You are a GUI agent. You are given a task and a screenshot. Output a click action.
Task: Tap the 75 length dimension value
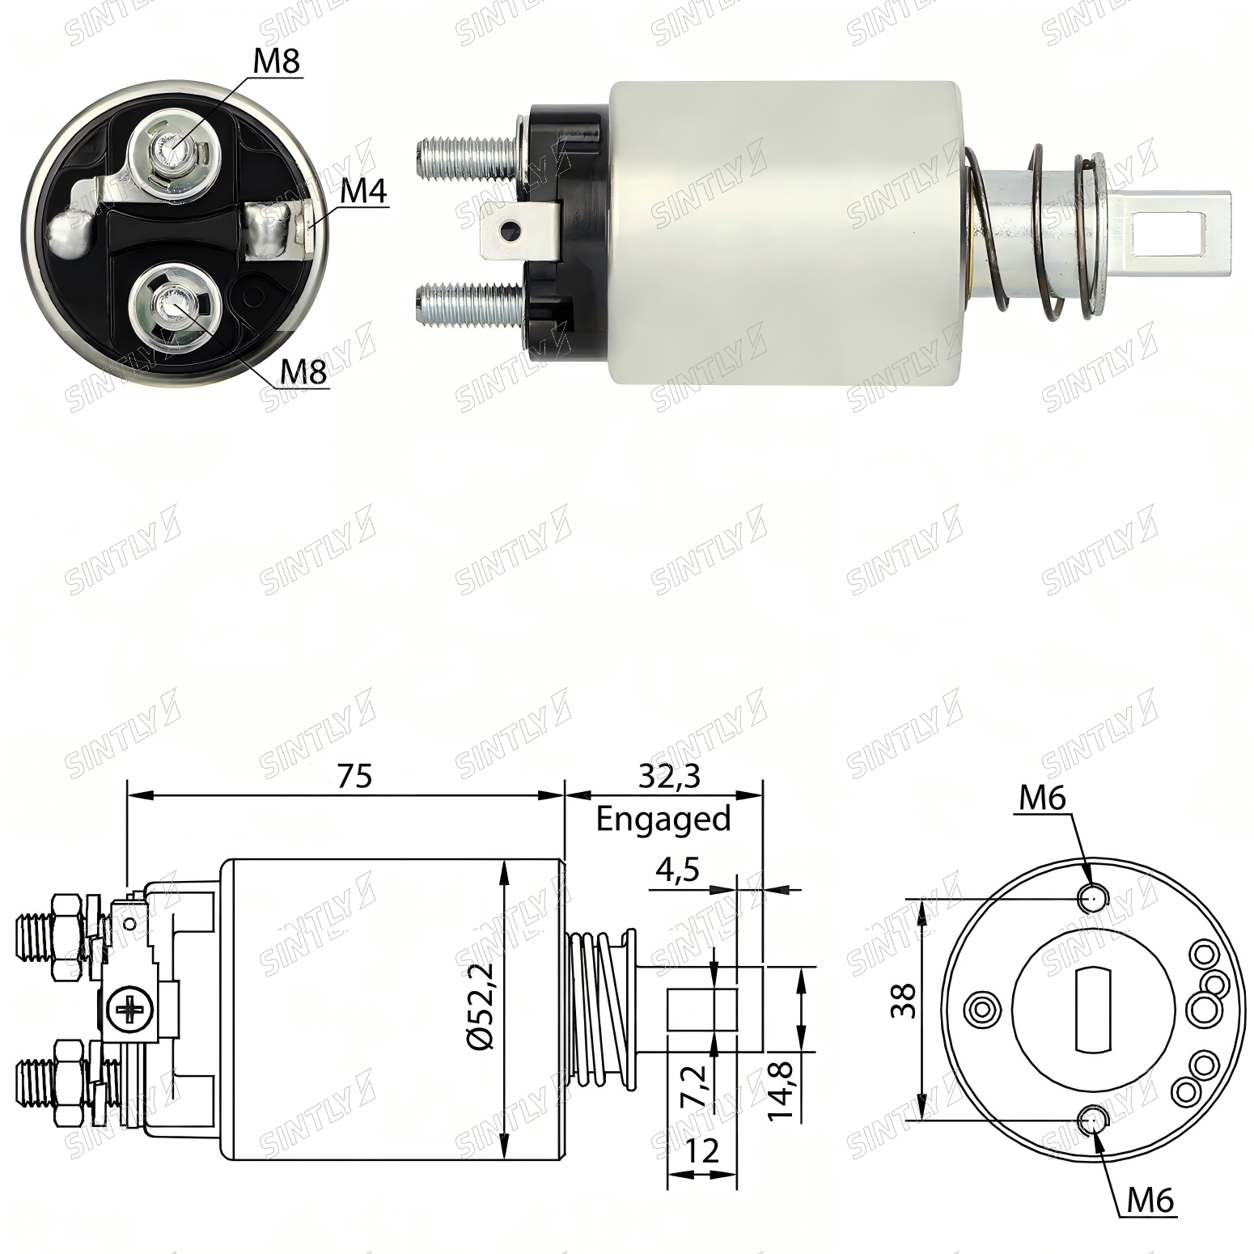tap(354, 776)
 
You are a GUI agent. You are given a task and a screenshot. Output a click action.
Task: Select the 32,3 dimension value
tap(669, 777)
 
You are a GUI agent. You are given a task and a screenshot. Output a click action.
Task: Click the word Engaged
tap(663, 820)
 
